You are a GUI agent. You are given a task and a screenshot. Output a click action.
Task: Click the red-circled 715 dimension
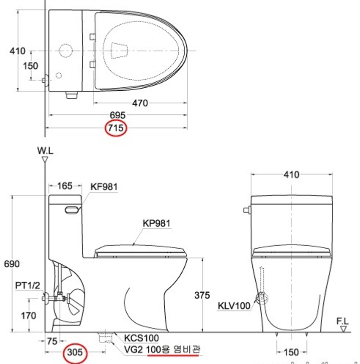coord(116,128)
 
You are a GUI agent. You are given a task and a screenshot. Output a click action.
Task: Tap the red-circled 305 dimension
coord(75,352)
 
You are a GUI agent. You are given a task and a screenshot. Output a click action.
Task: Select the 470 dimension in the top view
coord(140,103)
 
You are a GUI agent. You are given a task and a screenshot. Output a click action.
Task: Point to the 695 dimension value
coord(118,115)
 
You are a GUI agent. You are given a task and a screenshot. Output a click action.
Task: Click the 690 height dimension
coord(12,264)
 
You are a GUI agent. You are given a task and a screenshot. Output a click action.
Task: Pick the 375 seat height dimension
coord(202,295)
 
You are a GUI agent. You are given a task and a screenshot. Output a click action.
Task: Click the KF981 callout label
coord(104,187)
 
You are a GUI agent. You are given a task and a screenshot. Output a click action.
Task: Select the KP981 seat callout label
coord(157,223)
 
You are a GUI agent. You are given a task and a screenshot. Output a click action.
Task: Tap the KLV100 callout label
coord(234,306)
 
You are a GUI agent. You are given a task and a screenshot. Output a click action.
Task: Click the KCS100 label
coord(141,338)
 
